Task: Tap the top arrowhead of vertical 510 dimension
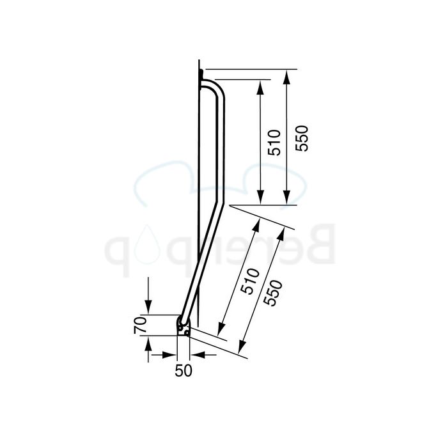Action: [x=260, y=86]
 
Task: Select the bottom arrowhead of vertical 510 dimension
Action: [x=260, y=199]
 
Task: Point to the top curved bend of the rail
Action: [x=217, y=90]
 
